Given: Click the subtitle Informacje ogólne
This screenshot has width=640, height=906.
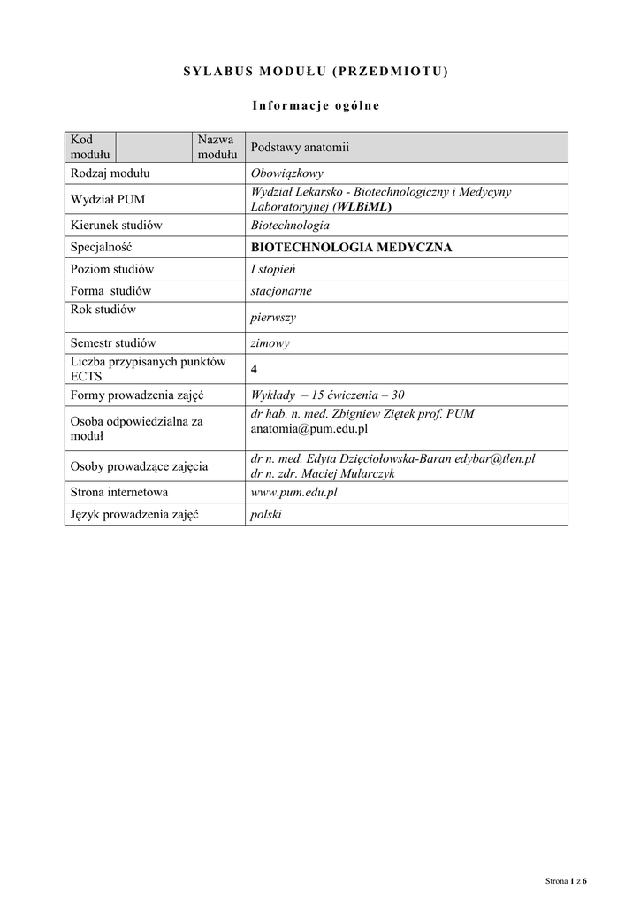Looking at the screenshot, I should click(316, 106).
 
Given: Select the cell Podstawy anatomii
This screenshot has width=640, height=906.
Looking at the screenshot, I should click(301, 148).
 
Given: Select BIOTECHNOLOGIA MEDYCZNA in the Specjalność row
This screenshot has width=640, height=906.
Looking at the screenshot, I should click(351, 248).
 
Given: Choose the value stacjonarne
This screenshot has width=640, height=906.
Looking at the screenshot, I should click(281, 290).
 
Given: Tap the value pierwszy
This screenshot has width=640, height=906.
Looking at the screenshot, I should click(273, 318).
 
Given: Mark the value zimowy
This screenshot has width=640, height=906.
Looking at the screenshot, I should click(270, 343).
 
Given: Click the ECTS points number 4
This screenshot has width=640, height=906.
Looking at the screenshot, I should click(255, 369).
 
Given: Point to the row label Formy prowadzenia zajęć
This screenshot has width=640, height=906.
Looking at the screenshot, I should click(137, 395).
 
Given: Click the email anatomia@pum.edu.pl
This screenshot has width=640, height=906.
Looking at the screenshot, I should click(309, 429).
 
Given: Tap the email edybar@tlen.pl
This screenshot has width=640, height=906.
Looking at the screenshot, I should click(499, 458).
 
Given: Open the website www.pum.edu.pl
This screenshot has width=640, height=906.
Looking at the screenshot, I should click(294, 493).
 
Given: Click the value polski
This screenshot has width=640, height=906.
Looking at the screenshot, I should click(266, 514).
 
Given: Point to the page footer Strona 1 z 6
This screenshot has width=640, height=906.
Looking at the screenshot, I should click(566, 881).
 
